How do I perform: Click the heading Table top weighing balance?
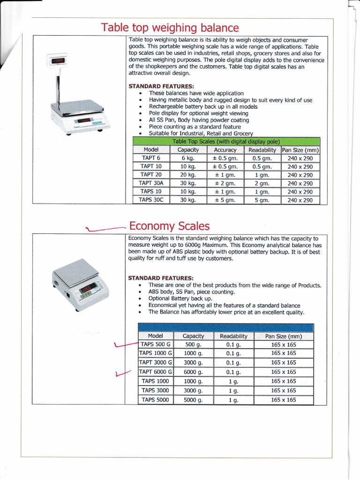pos(170,28)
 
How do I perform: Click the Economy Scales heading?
pos(169,226)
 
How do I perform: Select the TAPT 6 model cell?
pos(151,158)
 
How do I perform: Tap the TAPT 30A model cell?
pos(151,183)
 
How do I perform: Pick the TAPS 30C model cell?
pos(151,200)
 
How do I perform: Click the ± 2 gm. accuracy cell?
pos(225,183)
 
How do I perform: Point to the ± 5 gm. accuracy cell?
pos(225,200)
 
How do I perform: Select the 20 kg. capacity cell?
pos(188,175)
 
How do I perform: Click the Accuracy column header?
pos(225,150)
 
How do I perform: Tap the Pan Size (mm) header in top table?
pos(300,150)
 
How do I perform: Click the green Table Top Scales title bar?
pos(226,142)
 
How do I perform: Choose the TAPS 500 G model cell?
pos(156,345)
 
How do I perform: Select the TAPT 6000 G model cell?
pos(156,372)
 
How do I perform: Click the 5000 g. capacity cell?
pos(193,400)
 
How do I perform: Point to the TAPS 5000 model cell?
pos(155,400)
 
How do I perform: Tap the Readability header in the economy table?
pos(233,336)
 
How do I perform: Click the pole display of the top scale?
pos(58,61)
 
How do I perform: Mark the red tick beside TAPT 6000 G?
pos(121,374)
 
